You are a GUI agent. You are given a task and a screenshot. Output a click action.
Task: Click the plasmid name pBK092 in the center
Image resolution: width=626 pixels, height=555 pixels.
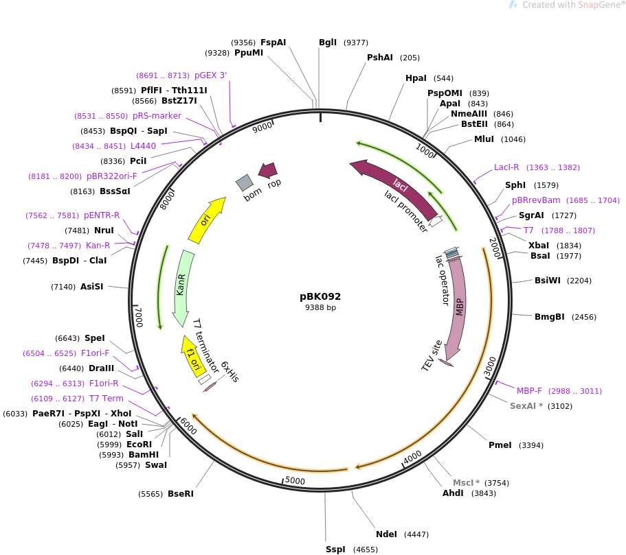[320, 296]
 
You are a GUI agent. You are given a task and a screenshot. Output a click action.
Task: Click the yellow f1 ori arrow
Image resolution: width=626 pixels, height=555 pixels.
[192, 356]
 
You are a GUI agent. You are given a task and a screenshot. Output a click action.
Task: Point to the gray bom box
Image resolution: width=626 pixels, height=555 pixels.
[245, 182]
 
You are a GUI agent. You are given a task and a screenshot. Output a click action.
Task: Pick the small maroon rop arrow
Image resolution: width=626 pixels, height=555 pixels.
[268, 171]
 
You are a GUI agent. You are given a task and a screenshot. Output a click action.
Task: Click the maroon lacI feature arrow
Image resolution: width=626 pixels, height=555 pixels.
[395, 187]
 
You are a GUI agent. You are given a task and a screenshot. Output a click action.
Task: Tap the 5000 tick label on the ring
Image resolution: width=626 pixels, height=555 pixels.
[295, 480]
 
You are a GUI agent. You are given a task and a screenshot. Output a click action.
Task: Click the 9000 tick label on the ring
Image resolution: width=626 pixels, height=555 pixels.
[262, 127]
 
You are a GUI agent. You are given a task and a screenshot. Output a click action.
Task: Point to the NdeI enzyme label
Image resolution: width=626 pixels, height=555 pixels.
[386, 534]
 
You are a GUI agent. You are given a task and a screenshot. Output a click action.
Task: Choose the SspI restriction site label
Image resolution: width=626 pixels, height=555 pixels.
[335, 550]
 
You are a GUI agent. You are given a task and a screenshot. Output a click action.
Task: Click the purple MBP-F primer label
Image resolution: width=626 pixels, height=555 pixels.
[529, 391]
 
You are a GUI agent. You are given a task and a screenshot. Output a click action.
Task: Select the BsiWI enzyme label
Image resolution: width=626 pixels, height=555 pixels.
[548, 281]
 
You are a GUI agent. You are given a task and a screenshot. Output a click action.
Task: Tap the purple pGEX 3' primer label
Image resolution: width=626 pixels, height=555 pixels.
[210, 75]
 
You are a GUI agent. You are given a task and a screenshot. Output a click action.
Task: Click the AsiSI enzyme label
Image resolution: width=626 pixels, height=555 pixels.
[92, 286]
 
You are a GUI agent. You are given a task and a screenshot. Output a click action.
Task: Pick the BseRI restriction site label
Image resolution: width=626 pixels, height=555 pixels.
[181, 493]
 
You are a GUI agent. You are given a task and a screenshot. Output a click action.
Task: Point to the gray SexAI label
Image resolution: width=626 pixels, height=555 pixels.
[523, 406]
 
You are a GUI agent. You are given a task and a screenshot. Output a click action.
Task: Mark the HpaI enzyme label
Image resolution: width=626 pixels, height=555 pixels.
[416, 78]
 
